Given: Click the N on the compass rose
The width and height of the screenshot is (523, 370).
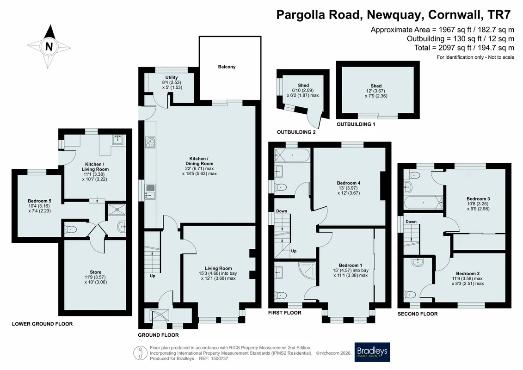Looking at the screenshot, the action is (x=49, y=46).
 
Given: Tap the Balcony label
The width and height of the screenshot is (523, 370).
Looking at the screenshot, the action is (x=227, y=67).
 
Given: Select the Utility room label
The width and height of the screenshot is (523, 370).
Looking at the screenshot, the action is (x=172, y=77).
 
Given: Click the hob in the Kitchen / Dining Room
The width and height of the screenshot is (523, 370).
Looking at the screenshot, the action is (x=150, y=142).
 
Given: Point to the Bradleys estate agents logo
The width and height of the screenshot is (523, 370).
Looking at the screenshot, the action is (x=372, y=352).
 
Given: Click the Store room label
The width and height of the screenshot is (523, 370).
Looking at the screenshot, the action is (x=95, y=272).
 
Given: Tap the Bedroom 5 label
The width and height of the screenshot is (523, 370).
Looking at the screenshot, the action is (x=39, y=201).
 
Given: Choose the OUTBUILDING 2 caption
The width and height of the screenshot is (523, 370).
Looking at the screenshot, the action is (x=296, y=132).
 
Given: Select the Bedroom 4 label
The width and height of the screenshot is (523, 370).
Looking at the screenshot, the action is (x=349, y=183).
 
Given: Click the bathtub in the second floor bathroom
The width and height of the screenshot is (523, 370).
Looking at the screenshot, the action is (x=423, y=203).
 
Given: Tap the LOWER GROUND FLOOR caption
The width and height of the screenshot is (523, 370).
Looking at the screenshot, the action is (x=43, y=324).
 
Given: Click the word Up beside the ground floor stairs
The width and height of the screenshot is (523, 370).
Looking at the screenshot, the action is (x=153, y=276).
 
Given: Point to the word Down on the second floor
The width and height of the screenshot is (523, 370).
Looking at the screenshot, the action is (x=411, y=222).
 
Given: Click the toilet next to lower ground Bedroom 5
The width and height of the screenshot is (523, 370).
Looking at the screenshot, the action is (x=70, y=229).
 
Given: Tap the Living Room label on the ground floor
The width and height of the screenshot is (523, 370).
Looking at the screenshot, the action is (x=218, y=268).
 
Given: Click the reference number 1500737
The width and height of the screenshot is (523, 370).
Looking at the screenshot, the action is (x=218, y=358).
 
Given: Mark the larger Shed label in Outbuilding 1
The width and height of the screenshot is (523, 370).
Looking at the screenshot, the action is (x=376, y=86).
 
